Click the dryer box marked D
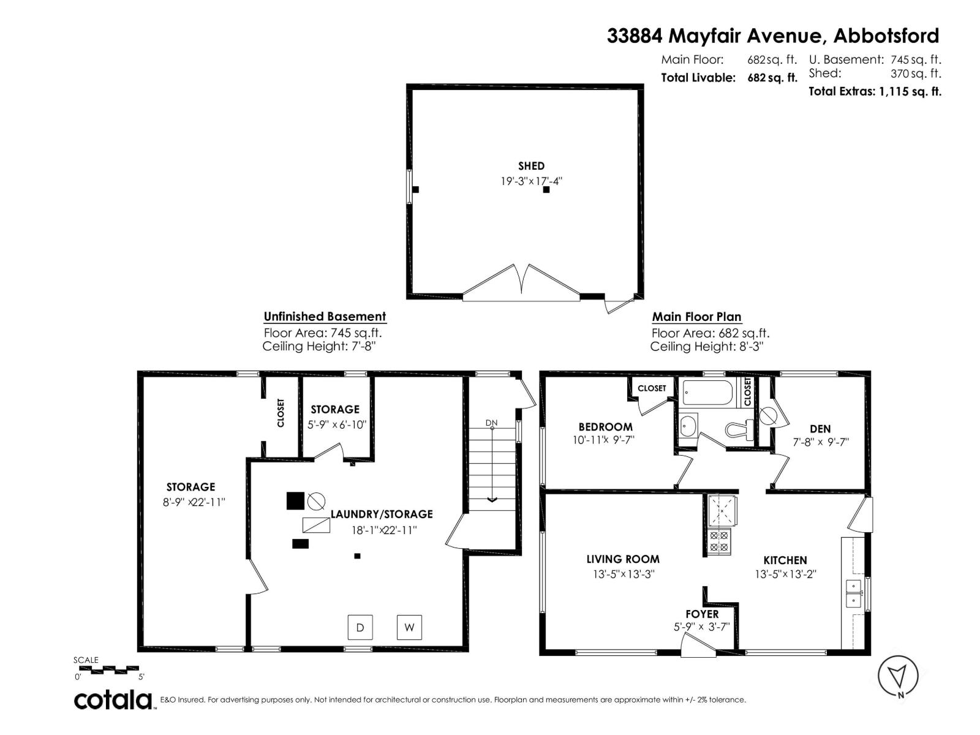coord(360,627)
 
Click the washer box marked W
coord(409,627)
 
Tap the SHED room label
coord(531,166)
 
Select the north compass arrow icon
coord(898,676)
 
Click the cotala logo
coord(113,699)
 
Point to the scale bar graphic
coord(108,669)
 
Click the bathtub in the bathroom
coord(707,393)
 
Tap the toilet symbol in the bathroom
coord(739,429)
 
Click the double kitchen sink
coord(853,593)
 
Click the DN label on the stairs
coord(491,423)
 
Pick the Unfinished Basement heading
coord(325,317)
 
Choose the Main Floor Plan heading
coord(696,317)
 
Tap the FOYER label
coord(702,614)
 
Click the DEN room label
coord(820,429)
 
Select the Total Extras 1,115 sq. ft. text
coord(875,92)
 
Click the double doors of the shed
coord(521,285)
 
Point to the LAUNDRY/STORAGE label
coord(382,514)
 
